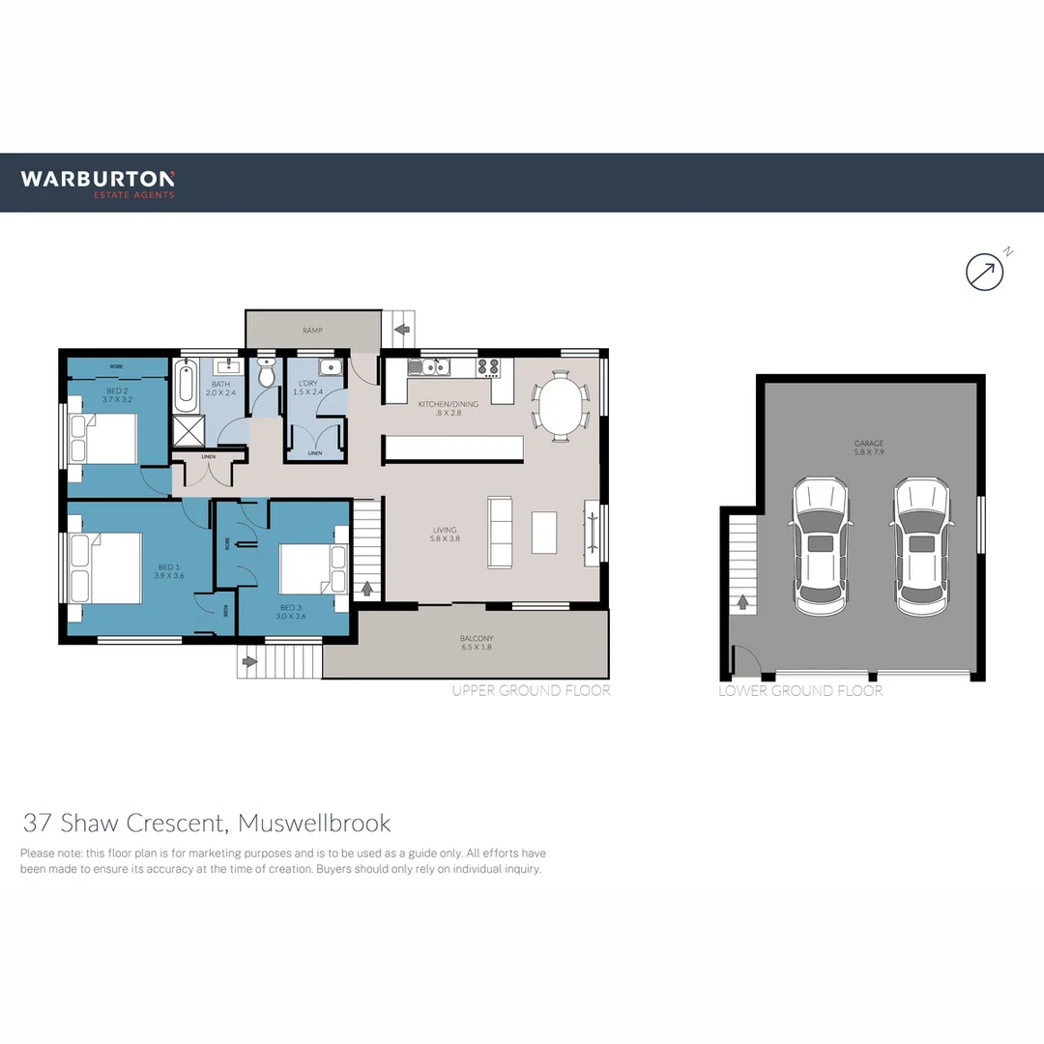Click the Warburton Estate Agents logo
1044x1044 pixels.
[98, 183]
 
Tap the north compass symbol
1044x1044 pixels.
[985, 272]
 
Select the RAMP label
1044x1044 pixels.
[311, 331]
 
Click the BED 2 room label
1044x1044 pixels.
[117, 394]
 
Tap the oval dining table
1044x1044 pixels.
[562, 406]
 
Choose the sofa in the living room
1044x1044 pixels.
[501, 532]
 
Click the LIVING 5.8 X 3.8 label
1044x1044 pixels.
[445, 534]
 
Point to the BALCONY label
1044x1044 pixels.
[478, 643]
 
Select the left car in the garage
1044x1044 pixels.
[821, 546]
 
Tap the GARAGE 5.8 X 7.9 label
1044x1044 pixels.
[868, 448]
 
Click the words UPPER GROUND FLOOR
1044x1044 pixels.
[531, 691]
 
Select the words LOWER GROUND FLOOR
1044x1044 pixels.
[800, 691]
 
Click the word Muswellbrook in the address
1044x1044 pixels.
[314, 824]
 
